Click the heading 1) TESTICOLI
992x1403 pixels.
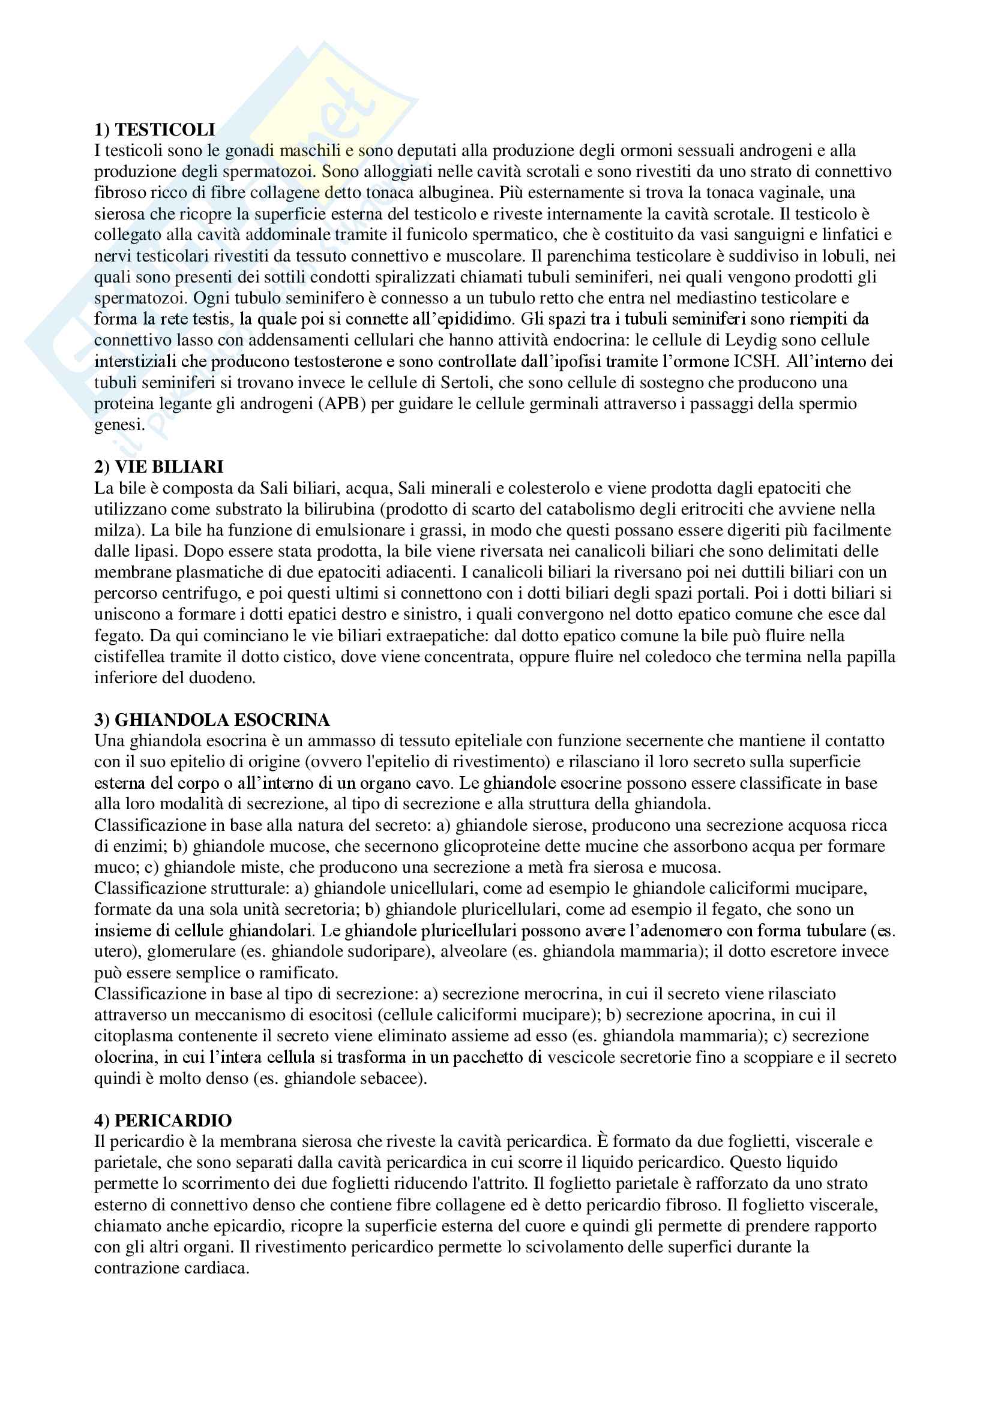[155, 130]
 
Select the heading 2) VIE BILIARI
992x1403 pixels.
[159, 467]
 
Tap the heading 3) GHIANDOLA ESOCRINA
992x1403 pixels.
[212, 720]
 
